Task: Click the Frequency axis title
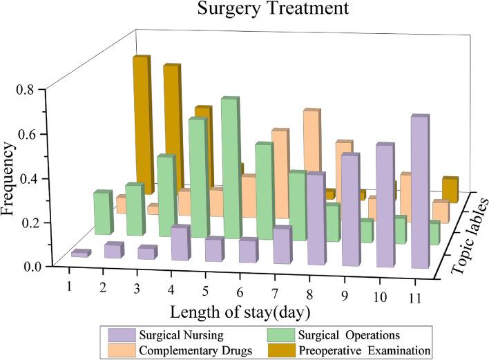10,178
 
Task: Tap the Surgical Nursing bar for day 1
80,254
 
